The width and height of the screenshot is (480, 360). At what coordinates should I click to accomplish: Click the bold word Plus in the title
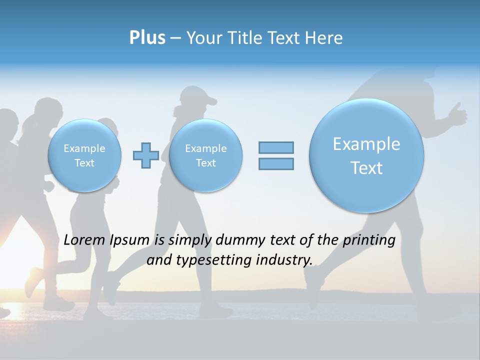point(147,38)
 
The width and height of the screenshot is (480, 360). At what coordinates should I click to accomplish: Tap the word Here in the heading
point(324,38)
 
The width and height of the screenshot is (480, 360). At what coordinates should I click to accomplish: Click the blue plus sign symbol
point(146,155)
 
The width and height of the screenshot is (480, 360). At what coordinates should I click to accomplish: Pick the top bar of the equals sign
point(276,147)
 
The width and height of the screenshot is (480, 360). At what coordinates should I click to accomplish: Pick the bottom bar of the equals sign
point(276,163)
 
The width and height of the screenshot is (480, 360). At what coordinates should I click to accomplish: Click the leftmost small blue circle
point(84,155)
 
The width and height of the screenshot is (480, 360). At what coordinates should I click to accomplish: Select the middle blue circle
point(205,155)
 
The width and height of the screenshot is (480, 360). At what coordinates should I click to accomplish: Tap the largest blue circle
point(366,155)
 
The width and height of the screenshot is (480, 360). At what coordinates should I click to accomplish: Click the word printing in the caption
point(369,240)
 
